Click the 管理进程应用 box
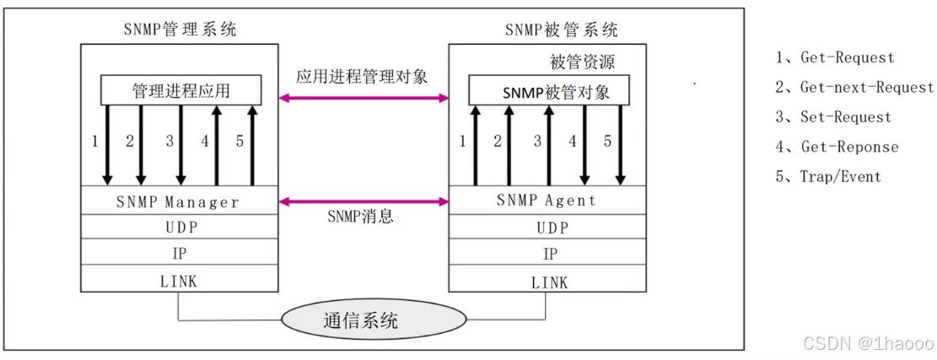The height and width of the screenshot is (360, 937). point(180,89)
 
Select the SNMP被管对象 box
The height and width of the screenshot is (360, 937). point(548,92)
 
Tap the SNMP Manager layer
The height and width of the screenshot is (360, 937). point(179,202)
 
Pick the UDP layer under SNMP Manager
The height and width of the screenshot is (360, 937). point(179,228)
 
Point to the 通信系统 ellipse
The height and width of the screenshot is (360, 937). point(373,320)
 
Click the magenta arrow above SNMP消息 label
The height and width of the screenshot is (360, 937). point(363,201)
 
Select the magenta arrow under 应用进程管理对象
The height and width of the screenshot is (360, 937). point(363,99)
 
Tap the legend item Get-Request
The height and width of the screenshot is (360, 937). point(835,58)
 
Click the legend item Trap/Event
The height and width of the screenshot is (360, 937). point(828,177)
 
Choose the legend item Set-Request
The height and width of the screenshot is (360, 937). point(833,117)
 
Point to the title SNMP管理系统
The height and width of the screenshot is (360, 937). point(180,30)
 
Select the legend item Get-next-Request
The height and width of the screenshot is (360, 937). point(854,88)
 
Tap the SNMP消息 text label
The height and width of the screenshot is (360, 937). point(360,217)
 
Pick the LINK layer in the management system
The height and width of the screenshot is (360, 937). point(179,281)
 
